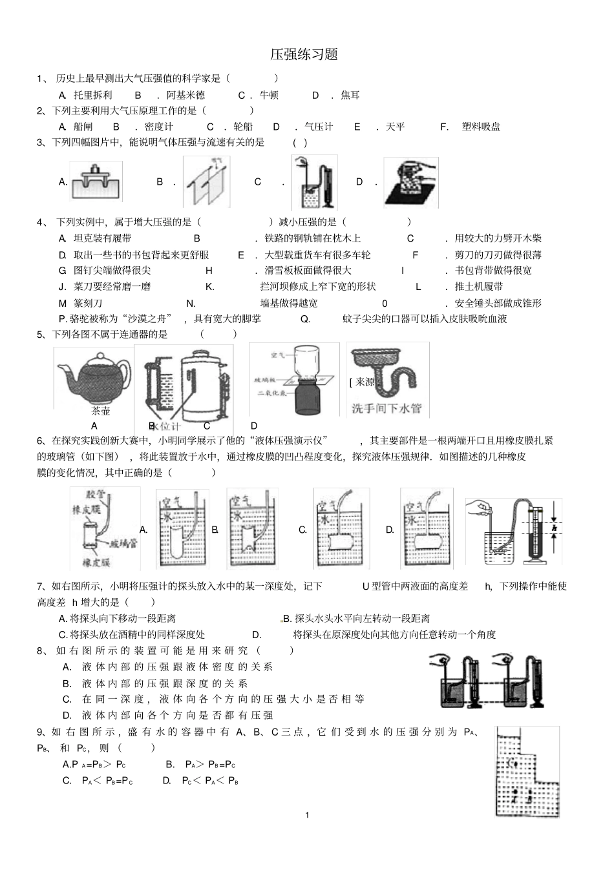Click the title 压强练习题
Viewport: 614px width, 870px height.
tap(304, 54)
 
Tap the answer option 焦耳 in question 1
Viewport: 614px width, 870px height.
tap(350, 95)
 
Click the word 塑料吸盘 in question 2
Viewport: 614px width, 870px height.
tap(481, 127)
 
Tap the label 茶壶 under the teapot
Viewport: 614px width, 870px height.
tap(101, 411)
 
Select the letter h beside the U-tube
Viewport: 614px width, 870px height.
tap(554, 528)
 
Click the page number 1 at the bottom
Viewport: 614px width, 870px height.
tap(307, 814)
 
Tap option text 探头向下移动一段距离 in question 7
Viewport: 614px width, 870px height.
tap(123, 618)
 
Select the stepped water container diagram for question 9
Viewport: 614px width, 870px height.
tap(526, 771)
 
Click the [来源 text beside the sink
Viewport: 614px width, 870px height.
tap(361, 382)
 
